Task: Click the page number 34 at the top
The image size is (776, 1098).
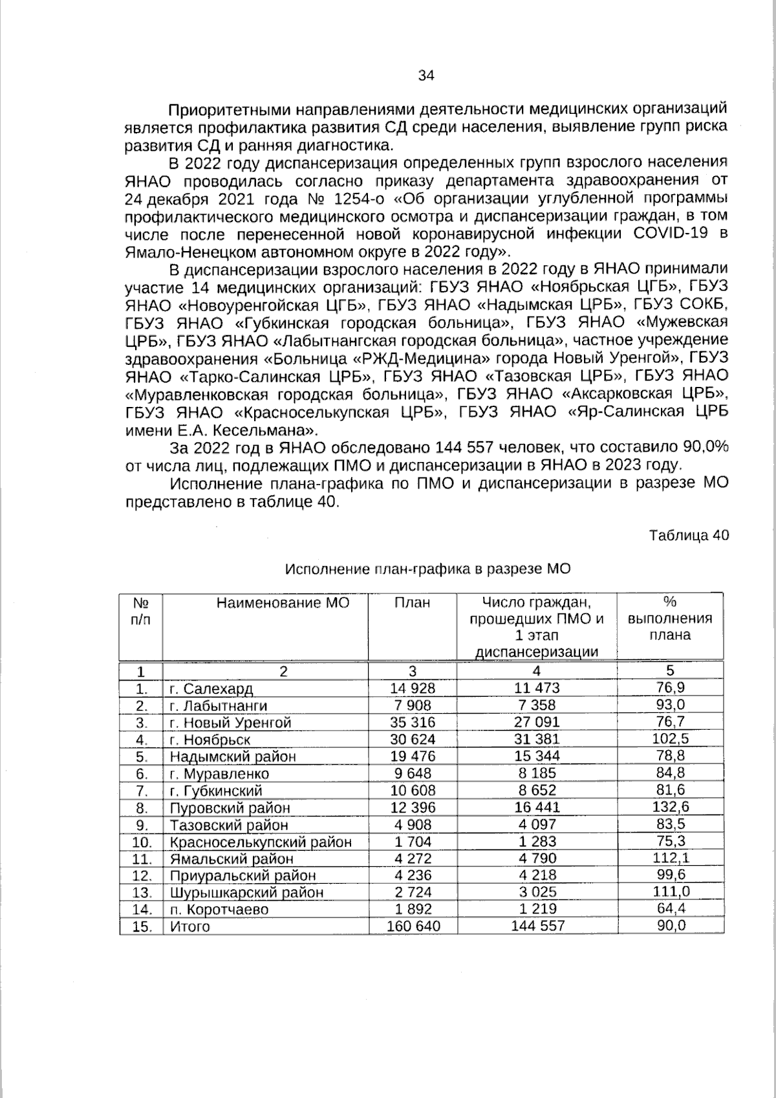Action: click(x=426, y=75)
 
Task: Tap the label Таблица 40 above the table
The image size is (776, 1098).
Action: click(x=689, y=536)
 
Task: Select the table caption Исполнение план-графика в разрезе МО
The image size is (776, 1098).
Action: click(x=428, y=569)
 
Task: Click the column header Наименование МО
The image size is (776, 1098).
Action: click(x=283, y=603)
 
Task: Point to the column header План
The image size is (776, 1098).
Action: click(x=412, y=603)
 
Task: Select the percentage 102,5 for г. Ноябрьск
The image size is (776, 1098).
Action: click(x=670, y=739)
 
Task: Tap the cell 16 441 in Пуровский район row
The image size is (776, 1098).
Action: click(x=537, y=807)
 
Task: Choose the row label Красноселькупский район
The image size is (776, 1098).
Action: click(x=261, y=842)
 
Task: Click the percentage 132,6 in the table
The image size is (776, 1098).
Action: click(x=670, y=807)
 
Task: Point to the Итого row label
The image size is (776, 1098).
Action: click(x=189, y=927)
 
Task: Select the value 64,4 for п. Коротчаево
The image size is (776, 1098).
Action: click(x=670, y=909)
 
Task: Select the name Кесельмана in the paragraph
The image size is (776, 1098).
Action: click(x=263, y=430)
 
